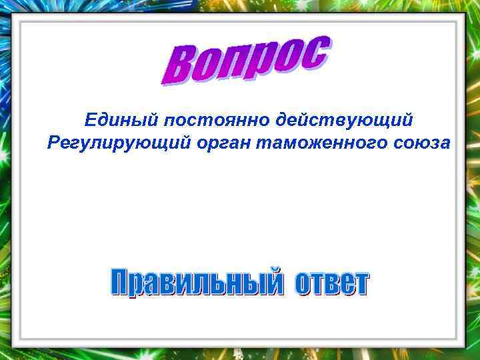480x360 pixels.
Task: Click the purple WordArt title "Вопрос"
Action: tap(245, 61)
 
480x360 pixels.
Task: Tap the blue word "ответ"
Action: tap(331, 283)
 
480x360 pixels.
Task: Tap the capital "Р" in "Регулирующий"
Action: tap(55, 143)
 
